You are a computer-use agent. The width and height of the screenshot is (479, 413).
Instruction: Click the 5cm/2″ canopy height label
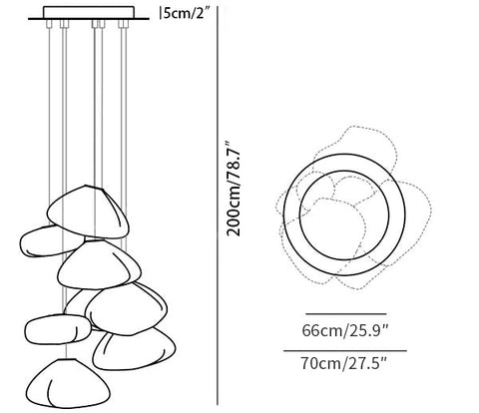point(187,14)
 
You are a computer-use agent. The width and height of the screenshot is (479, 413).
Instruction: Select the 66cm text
point(321,330)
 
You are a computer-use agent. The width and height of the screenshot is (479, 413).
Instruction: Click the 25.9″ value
point(367,330)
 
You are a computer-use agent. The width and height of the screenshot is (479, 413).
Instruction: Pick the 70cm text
point(320,363)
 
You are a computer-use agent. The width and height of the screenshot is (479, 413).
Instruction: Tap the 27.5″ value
point(366,363)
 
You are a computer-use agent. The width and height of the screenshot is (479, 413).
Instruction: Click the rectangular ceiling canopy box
point(89,13)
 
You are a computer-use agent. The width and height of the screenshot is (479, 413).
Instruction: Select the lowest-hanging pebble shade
point(68,383)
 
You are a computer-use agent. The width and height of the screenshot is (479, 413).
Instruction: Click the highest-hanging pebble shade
point(88,212)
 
